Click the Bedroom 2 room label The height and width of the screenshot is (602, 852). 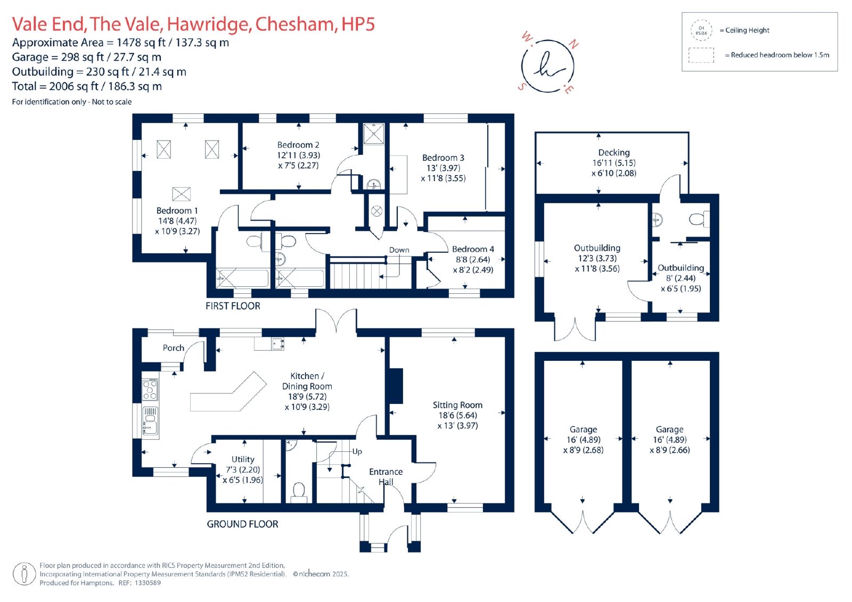click(x=298, y=145)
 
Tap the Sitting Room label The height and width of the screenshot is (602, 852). click(x=457, y=405)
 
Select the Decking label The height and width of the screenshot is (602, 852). click(x=614, y=153)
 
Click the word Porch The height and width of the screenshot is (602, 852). click(x=174, y=348)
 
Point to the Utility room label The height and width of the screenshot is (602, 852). click(x=243, y=459)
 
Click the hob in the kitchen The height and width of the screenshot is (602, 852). click(x=150, y=390)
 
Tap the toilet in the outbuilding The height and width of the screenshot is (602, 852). click(x=699, y=219)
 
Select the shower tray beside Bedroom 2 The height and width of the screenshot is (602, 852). click(x=374, y=134)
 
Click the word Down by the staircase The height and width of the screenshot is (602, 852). click(x=399, y=250)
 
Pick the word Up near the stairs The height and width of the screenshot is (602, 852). click(x=357, y=451)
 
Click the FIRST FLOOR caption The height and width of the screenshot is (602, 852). click(x=233, y=306)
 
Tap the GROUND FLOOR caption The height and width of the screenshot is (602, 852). click(x=242, y=524)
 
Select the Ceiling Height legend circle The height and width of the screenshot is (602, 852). click(x=701, y=30)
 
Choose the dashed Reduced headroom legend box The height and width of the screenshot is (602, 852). click(x=701, y=55)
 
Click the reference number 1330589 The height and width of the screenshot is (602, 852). click(x=148, y=583)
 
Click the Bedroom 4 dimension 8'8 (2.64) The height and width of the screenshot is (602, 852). click(x=473, y=259)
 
